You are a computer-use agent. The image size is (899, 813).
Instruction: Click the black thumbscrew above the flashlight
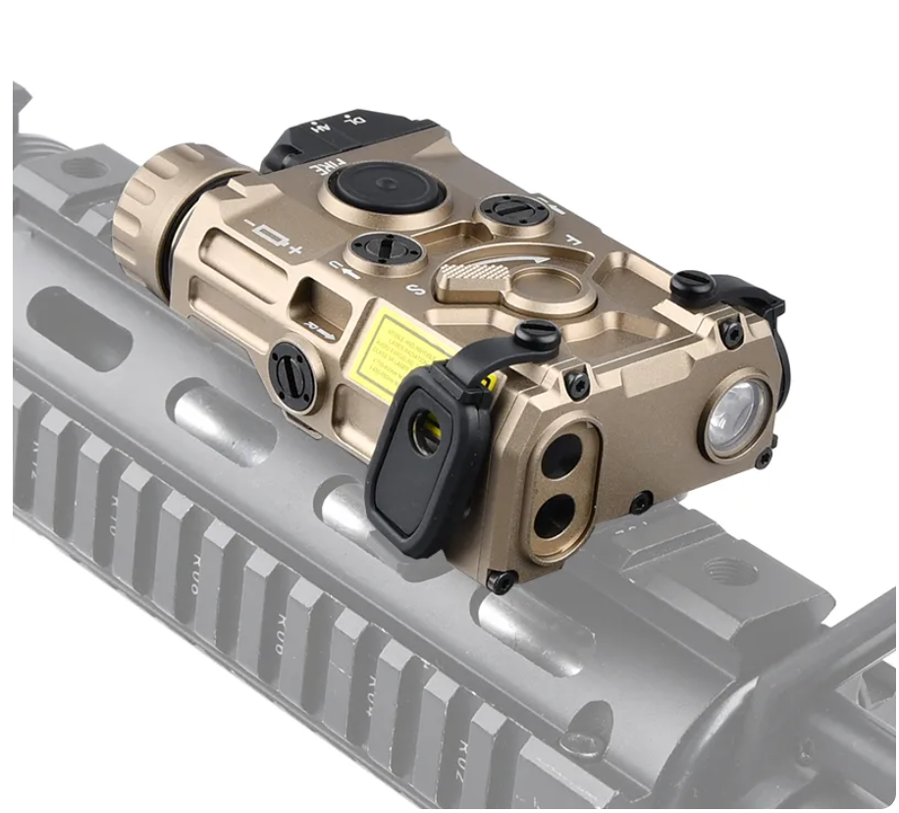694,285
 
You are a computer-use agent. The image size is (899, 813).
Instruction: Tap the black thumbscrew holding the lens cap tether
537,336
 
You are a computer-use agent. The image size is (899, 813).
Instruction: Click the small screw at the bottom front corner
500,581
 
